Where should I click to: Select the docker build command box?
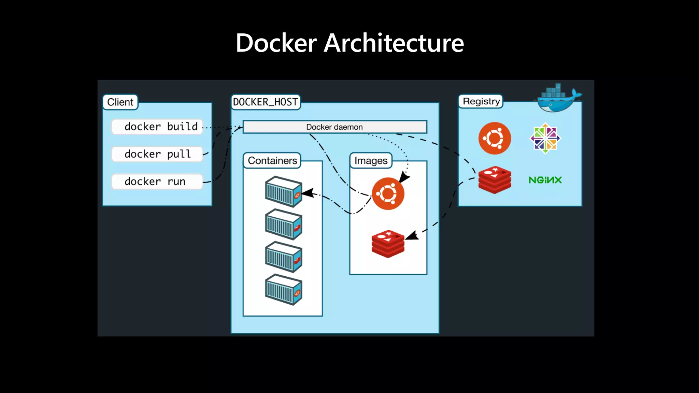[157, 127]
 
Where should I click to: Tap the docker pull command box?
[157, 154]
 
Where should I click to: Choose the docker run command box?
[157, 181]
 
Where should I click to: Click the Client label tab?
[120, 102]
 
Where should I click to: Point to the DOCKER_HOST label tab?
[266, 102]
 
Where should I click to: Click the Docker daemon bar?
[334, 127]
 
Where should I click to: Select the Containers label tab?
[272, 160]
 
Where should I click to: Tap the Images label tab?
[371, 160]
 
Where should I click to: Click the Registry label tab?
[481, 101]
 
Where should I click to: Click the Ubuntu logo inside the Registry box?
[495, 138]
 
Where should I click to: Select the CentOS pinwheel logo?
[545, 138]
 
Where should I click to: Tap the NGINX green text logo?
[545, 180]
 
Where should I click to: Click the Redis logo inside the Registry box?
[495, 180]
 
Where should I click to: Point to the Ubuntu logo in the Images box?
[388, 193]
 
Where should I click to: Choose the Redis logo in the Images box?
[388, 244]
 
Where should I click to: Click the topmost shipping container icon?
[283, 191]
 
